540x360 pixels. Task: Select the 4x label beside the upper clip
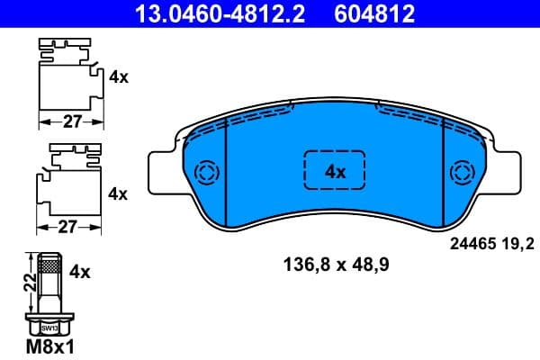tap(119, 77)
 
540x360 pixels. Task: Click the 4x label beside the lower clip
tap(119, 193)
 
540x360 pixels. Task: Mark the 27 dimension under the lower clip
tap(68, 228)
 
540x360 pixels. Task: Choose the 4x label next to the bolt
tap(81, 270)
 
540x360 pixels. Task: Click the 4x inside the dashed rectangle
tap(335, 171)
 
